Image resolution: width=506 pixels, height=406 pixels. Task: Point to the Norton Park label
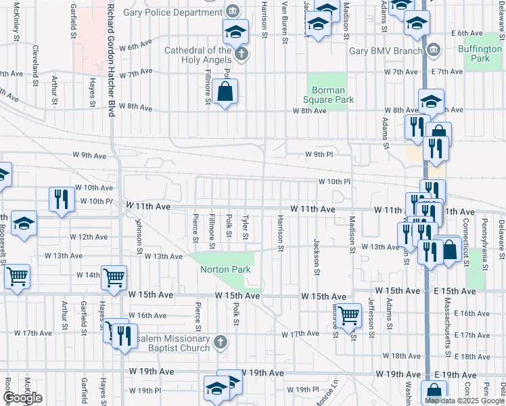click(225, 269)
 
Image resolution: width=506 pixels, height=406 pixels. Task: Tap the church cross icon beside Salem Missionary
click(220, 342)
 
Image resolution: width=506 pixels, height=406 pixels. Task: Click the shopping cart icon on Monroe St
click(349, 315)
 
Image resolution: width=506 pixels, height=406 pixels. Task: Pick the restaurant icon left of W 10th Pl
click(62, 199)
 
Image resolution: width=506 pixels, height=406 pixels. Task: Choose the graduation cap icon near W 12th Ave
click(24, 223)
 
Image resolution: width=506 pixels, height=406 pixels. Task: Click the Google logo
click(22, 398)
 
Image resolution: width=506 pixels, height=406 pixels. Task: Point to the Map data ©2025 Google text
click(463, 401)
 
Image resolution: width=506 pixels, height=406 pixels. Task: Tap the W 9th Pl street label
click(320, 154)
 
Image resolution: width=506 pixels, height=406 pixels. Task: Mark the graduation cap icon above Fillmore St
click(235, 31)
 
